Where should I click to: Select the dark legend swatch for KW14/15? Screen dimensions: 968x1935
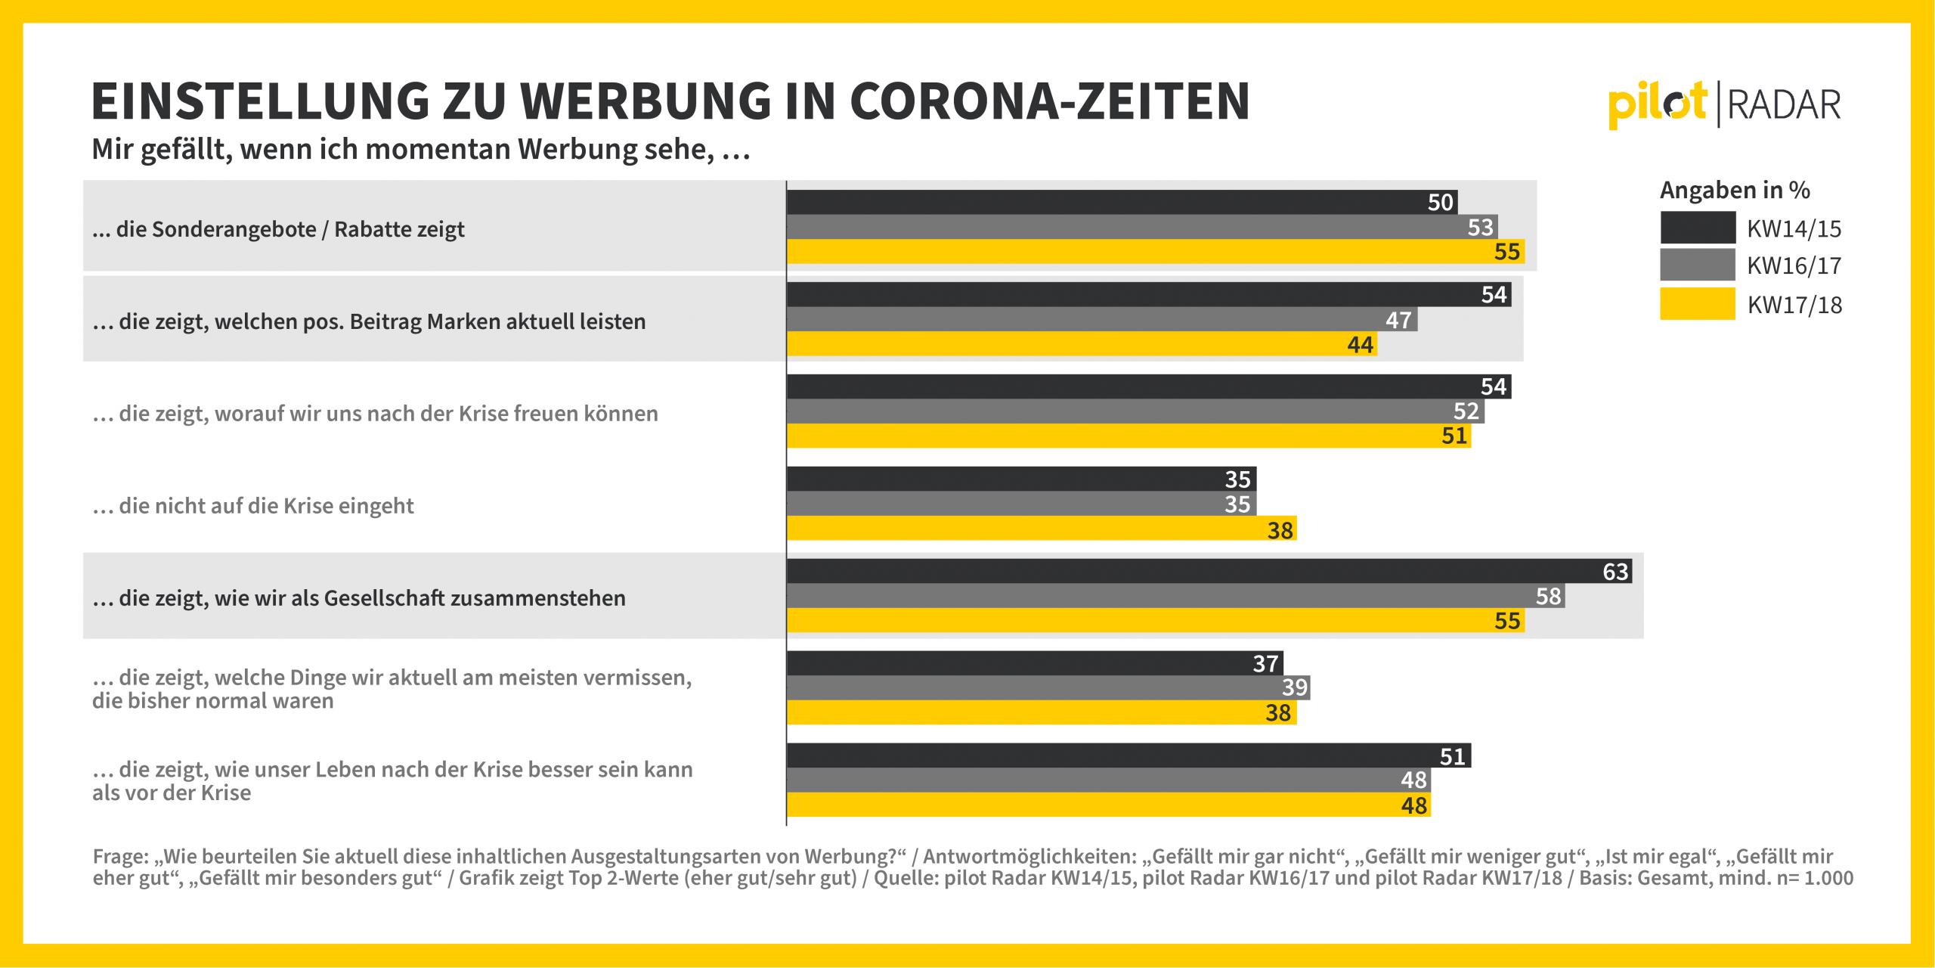pos(1698,228)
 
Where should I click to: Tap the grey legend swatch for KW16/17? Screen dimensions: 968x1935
pos(1698,265)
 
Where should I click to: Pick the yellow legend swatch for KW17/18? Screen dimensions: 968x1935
pos(1698,304)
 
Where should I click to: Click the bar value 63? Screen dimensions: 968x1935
pos(1615,572)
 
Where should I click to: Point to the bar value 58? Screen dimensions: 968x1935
pos(1548,597)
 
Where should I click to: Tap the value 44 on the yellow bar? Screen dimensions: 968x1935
pos(1360,345)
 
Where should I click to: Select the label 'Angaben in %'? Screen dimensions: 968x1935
pos(1735,190)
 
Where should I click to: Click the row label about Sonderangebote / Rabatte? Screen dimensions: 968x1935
pos(278,229)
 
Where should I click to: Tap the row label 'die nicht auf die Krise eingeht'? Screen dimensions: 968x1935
pos(253,506)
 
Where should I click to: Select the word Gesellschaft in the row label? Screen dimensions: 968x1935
pos(385,598)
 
